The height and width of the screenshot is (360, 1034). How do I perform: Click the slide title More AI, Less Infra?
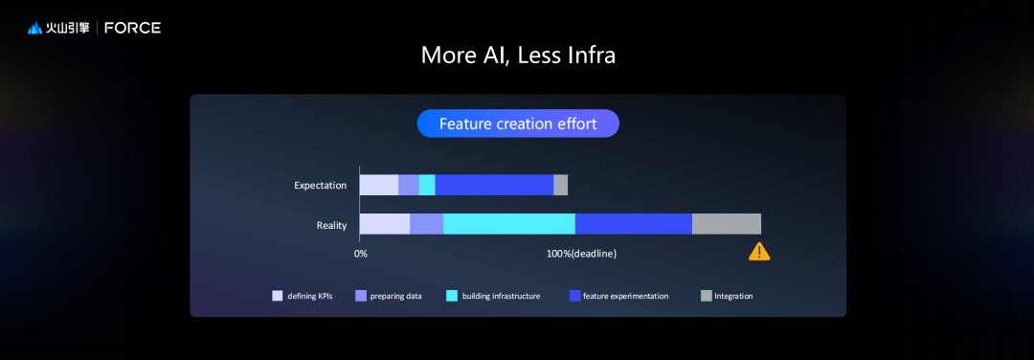(518, 56)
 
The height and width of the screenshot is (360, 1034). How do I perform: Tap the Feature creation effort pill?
(518, 124)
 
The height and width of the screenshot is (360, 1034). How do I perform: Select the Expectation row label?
(321, 186)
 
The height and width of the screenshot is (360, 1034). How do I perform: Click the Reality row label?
(331, 226)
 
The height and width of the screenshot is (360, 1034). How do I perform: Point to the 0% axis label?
(361, 253)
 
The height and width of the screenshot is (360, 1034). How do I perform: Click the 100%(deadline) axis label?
(581, 253)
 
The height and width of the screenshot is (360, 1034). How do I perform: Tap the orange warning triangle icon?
(759, 251)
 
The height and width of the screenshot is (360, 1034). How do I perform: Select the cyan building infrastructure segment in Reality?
(509, 224)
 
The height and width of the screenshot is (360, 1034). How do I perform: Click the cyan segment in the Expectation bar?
(427, 186)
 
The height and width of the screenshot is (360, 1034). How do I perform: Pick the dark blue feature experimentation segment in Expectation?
(494, 186)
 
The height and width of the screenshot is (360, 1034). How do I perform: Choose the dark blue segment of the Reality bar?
(634, 224)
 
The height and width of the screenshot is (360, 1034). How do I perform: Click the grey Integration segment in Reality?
(727, 224)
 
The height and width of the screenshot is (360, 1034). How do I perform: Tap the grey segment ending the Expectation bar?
(560, 186)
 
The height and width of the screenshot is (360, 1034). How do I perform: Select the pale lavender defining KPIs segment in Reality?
(385, 224)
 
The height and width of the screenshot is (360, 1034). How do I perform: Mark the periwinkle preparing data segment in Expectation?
(409, 186)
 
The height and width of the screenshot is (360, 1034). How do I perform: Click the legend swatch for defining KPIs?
(278, 296)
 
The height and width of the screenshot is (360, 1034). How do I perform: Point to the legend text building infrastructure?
(501, 296)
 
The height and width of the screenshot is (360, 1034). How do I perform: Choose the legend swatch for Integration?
(707, 296)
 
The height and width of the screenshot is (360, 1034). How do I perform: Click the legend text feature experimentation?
(626, 296)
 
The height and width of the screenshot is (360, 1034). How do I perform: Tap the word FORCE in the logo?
(132, 28)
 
